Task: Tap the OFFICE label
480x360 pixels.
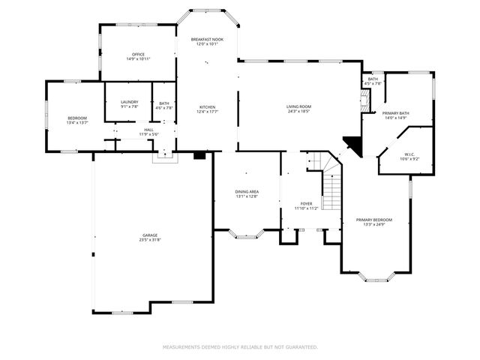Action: click(137, 54)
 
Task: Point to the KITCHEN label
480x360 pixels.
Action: click(206, 106)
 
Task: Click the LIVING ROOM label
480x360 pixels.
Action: click(298, 106)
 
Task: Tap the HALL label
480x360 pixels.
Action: click(148, 130)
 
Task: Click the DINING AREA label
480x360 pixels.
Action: click(247, 191)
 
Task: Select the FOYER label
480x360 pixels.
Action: click(306, 203)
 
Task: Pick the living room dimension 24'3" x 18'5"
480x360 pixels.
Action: click(298, 112)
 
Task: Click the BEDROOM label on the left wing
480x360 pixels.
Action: click(77, 118)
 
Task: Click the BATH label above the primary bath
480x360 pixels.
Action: click(373, 79)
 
